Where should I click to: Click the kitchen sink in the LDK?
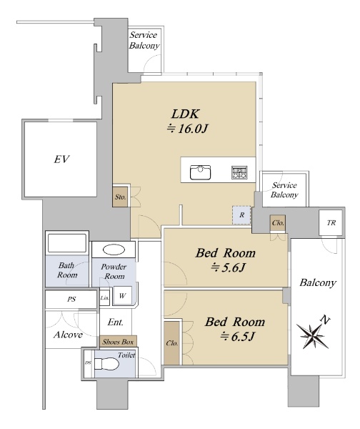point(200,172)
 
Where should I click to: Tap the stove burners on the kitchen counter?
point(239,172)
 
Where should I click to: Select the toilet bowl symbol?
point(106,364)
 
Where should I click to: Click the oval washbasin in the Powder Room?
point(114,250)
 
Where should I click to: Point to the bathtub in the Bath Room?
point(67,243)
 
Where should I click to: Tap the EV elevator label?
point(61,159)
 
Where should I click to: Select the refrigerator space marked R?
point(241,215)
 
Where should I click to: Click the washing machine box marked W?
point(122,295)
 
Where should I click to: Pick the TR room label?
point(331,222)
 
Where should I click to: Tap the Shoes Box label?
point(118,342)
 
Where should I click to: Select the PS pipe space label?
point(71,299)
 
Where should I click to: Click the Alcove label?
point(68,335)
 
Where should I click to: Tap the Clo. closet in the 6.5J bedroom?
point(171,343)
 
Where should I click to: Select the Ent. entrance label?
point(115,322)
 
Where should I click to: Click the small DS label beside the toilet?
point(88,363)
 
